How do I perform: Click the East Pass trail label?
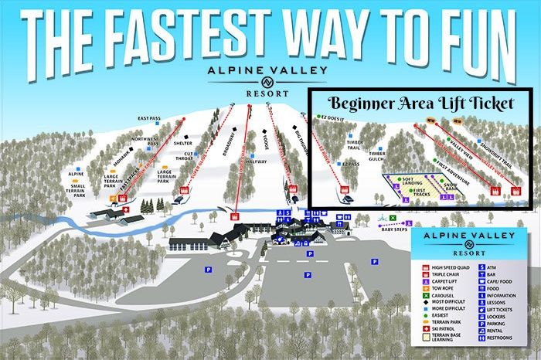pyautogui.click(x=148, y=118)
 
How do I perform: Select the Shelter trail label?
pyautogui.click(x=182, y=143)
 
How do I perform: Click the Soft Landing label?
pyautogui.click(x=413, y=180)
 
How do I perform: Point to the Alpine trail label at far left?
pyautogui.click(x=76, y=175)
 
